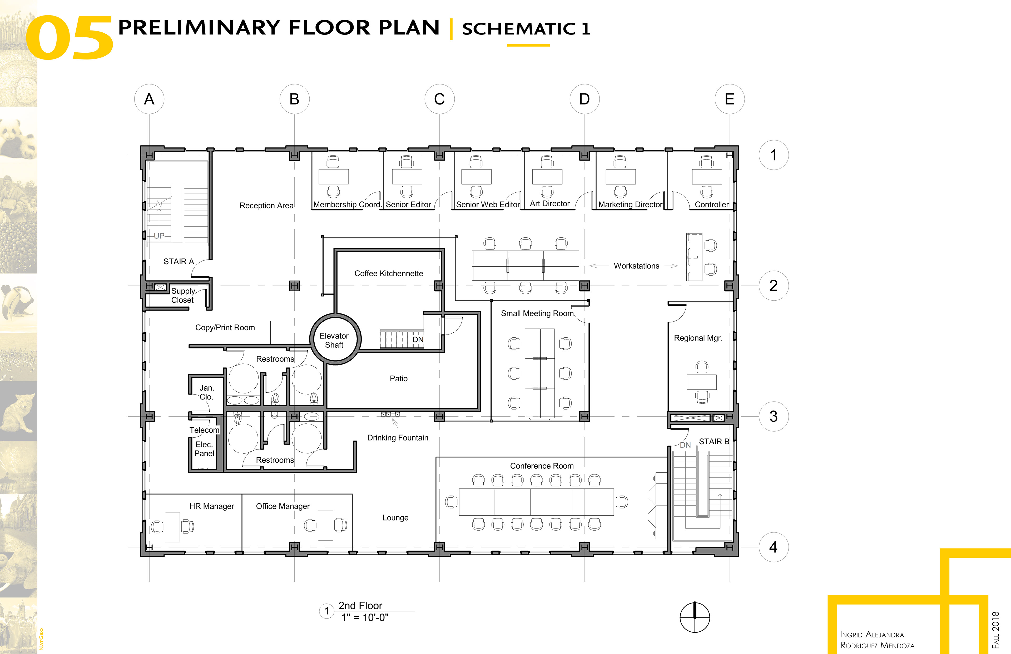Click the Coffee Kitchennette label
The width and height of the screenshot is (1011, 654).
[x=389, y=273]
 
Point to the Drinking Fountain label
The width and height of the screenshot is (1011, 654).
[x=398, y=438]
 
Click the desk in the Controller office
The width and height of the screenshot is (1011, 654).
[x=707, y=177]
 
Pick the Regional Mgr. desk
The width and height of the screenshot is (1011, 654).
[x=701, y=382]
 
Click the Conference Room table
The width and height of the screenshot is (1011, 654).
[x=537, y=502]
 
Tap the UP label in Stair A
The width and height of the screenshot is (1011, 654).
[x=159, y=236]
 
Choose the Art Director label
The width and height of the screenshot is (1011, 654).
[x=550, y=204]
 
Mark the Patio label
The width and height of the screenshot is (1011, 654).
[x=398, y=378]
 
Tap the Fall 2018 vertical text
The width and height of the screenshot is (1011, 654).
[x=995, y=630]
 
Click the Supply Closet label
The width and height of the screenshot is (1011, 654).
[x=183, y=296]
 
